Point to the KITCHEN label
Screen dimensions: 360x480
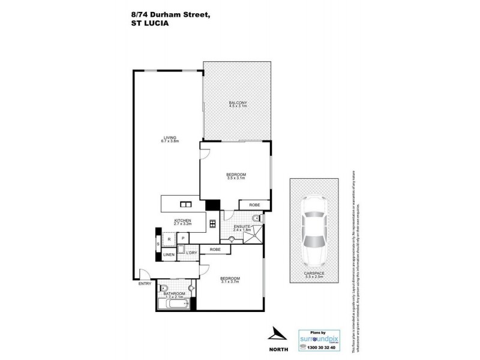coord(182,221)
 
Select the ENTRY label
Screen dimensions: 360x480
coord(145,283)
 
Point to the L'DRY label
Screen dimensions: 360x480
coord(191,253)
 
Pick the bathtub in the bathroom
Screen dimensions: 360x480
coord(174,304)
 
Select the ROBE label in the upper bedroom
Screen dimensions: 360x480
coord(254,205)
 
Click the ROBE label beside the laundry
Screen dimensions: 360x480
coord(215,249)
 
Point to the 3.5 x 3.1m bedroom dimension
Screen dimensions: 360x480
coord(236,178)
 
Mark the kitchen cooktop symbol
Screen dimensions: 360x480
coord(212,224)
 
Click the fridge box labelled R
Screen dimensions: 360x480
coord(169,239)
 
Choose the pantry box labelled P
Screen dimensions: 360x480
coord(182,238)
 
